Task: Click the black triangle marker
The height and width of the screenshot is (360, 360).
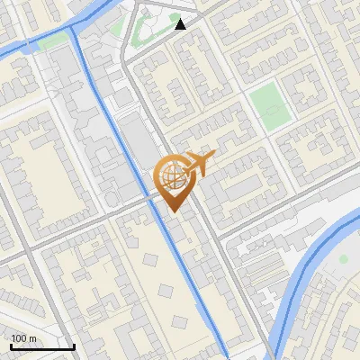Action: coord(181,24)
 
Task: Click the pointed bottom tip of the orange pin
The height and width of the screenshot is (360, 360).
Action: coord(172,211)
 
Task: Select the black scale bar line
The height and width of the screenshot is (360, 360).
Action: coord(42,347)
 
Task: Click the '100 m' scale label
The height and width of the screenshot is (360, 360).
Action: coord(23,338)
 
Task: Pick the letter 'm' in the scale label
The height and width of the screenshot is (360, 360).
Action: coord(32,338)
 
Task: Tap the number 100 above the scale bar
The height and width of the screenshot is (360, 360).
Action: coord(19,338)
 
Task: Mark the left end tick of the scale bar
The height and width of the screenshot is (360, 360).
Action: coord(11,346)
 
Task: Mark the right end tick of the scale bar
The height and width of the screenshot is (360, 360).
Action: coord(74,346)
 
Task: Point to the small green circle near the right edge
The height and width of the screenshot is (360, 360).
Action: coord(343,259)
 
